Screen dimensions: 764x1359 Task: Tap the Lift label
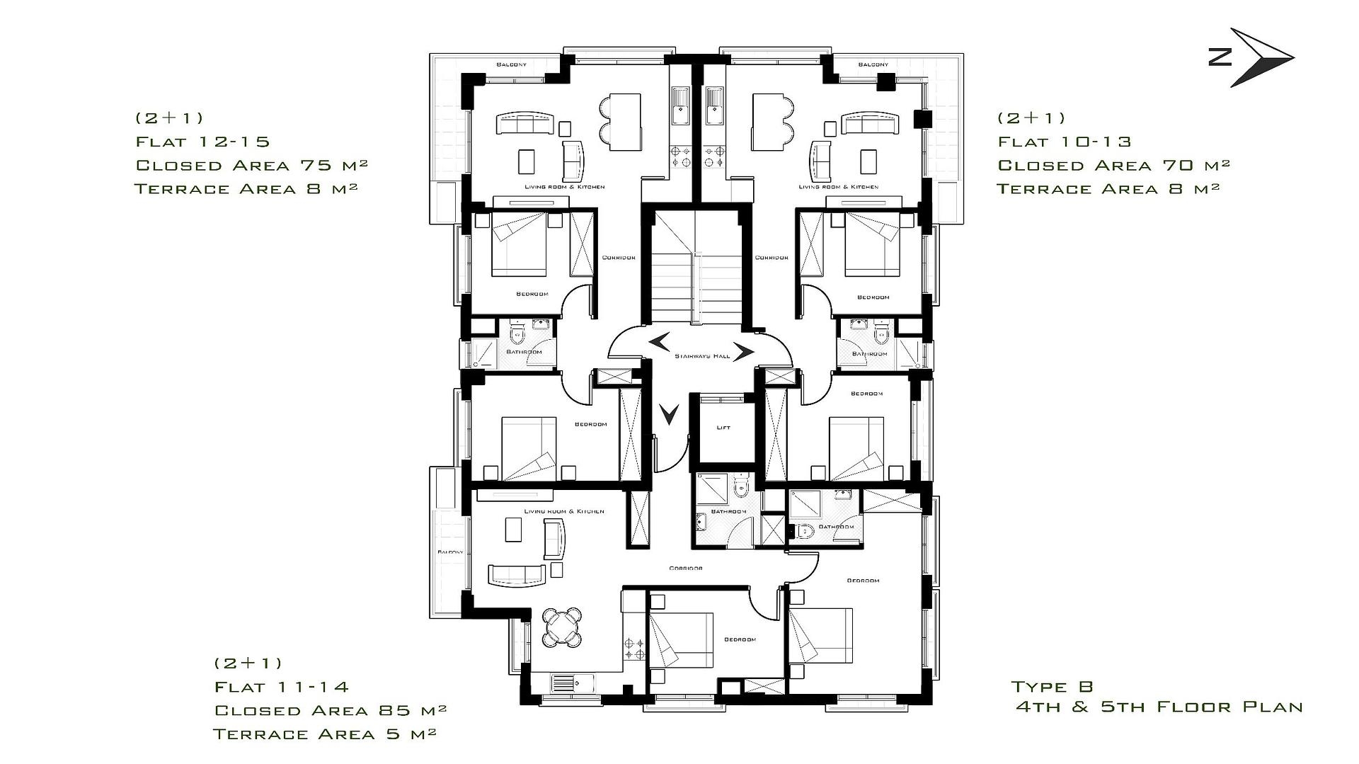click(723, 428)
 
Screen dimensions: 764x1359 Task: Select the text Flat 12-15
click(202, 142)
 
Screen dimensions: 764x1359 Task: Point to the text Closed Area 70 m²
click(1113, 165)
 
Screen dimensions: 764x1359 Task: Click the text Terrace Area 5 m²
click(324, 734)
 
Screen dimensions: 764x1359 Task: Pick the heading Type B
click(1052, 686)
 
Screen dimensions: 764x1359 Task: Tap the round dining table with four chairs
click(562, 627)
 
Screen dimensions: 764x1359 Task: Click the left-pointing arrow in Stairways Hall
click(658, 341)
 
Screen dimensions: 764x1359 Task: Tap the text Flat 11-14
click(281, 687)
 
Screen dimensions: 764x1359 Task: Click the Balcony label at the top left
click(511, 64)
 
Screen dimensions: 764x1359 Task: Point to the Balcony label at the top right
click(873, 64)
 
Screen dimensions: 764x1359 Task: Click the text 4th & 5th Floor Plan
click(1159, 707)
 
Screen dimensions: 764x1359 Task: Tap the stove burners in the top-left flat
click(682, 156)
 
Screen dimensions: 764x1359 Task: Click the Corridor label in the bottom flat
click(685, 568)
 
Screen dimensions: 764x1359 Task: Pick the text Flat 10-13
click(1064, 142)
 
